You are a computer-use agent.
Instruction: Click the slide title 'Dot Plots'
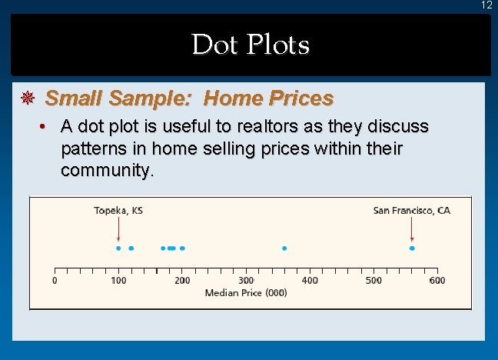(251, 45)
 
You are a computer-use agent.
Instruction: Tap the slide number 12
(486, 5)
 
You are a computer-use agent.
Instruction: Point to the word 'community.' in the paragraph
(108, 169)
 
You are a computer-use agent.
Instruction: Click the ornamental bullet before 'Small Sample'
(28, 98)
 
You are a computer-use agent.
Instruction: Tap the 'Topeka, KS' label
(118, 210)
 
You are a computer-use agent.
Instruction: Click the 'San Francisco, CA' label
(411, 210)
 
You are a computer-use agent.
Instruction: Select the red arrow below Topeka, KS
(118, 229)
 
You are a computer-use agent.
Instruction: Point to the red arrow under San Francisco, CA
(412, 229)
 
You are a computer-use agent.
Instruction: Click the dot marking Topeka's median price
(118, 248)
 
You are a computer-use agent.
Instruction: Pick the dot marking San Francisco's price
(412, 248)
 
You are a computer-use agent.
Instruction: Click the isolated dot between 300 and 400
(284, 248)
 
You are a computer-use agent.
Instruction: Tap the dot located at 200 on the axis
(182, 248)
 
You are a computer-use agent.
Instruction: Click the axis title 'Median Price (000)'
(246, 293)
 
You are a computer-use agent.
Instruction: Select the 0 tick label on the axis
(55, 281)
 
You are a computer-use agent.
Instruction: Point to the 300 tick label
(246, 281)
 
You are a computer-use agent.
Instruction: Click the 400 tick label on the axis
(310, 281)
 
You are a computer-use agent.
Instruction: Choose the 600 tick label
(437, 281)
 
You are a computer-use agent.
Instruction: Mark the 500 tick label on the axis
(373, 281)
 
